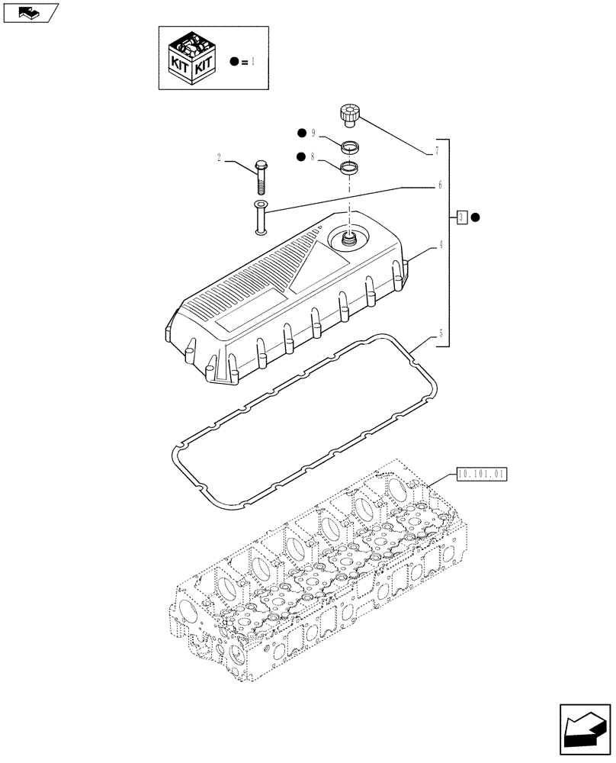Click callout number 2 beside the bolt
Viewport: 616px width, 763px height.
[x=219, y=159]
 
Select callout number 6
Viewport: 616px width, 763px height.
[x=438, y=185]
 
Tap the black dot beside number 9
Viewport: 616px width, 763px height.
[x=302, y=134]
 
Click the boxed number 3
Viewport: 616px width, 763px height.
[x=462, y=217]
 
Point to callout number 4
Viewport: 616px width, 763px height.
[x=440, y=246]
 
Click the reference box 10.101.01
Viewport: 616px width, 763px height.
[x=482, y=474]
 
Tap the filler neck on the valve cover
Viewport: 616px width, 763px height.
[x=349, y=240]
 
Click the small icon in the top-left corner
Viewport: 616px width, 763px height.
[x=30, y=12]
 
